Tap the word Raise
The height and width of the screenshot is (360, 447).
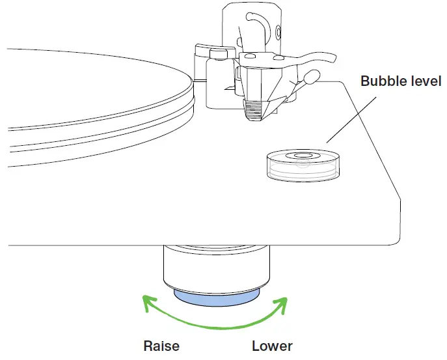pos(161,346)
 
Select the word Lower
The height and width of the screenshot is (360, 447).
pos(272,346)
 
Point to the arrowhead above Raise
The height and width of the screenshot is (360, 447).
pos(149,300)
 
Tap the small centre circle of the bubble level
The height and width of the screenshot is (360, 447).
pos(302,156)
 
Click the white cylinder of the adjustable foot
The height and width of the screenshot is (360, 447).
pos(216,270)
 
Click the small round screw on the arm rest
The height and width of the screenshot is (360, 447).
pos(278,31)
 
